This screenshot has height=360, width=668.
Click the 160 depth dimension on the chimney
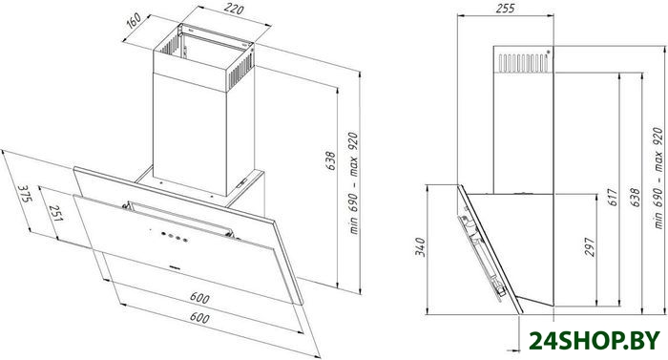[134, 20]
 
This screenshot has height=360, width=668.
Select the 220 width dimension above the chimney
[234, 9]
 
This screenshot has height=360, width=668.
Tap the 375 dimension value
[25, 195]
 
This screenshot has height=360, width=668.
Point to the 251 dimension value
[55, 213]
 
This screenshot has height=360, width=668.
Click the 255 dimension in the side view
[505, 8]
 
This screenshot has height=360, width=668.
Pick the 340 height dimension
[420, 247]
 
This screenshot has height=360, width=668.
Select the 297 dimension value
[589, 247]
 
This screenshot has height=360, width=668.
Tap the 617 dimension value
[613, 197]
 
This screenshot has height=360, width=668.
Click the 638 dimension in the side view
[635, 197]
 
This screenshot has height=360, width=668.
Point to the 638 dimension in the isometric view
[330, 160]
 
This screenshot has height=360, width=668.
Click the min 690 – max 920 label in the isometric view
[353, 183]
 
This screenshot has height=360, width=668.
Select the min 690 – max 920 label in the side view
[658, 178]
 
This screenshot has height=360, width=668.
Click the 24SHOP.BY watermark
[595, 341]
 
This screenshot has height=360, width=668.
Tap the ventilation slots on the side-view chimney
[523, 63]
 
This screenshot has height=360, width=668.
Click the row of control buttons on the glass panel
[174, 236]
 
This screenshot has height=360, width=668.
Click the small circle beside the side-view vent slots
[548, 53]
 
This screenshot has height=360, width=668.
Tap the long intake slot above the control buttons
[180, 219]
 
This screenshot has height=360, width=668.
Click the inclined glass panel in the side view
[490, 249]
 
